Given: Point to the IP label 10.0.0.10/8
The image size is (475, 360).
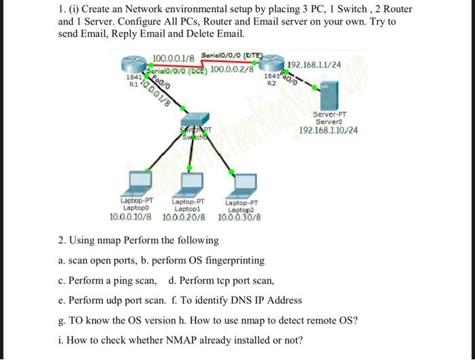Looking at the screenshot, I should click(132, 217).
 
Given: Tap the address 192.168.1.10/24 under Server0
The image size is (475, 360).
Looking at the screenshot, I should click(328, 130).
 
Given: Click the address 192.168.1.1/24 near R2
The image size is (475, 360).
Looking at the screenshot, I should click(314, 65).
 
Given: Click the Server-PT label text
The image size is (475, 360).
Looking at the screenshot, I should click(328, 115).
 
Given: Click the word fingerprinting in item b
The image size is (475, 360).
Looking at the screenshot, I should click(235, 260).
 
